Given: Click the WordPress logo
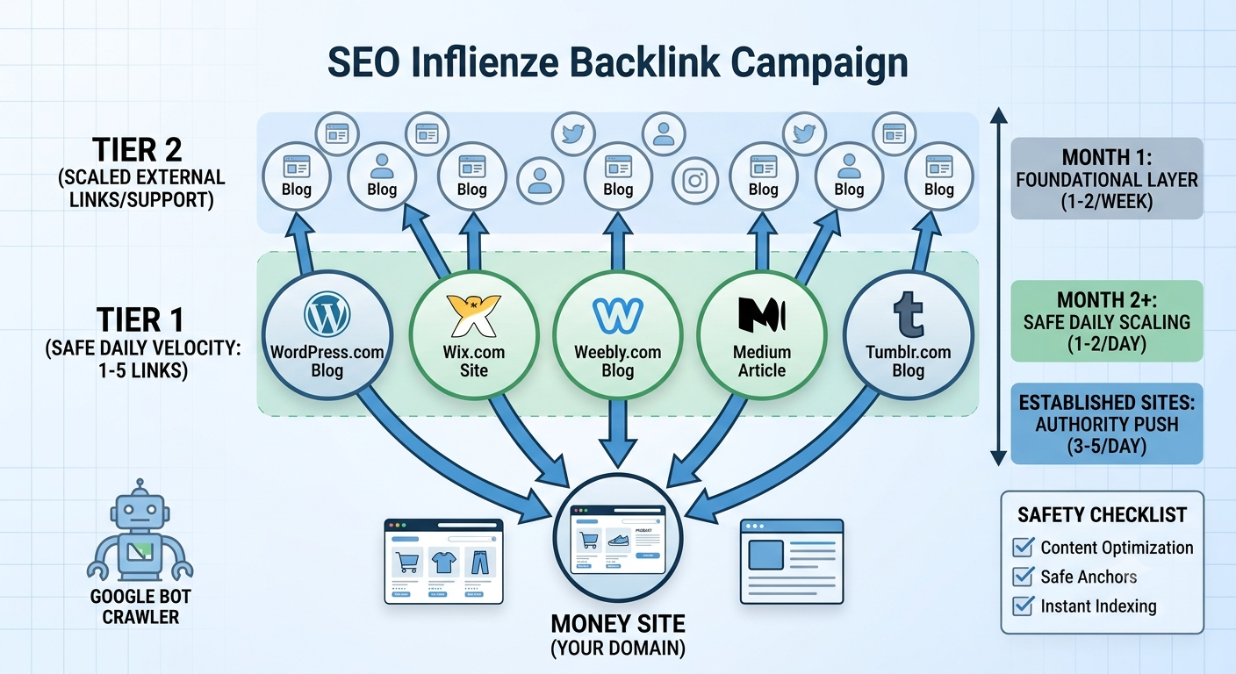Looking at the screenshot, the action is coord(327,314).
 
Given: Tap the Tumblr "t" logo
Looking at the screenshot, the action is coord(909,314).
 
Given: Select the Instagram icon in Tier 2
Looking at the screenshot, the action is coord(695,180).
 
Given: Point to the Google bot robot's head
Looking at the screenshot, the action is coord(140,511).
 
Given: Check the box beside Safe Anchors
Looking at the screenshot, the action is coord(1024,577).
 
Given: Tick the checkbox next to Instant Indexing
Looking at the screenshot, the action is coord(1024,606).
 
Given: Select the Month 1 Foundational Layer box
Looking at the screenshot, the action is coord(1107,179).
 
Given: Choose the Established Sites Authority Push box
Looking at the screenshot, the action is coord(1107,424).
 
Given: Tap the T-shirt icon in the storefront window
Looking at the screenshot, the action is coord(443,563).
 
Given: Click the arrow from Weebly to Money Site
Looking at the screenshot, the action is coord(618,433).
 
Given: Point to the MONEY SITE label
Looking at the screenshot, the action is coord(618,624).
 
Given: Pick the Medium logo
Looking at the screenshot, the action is coord(762,314).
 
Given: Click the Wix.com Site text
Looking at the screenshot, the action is coord(474,361).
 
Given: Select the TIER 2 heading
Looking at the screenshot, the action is coord(138,149).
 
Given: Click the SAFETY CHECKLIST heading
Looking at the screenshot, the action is coord(1102,514).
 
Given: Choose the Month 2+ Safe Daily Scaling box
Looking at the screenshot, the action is coord(1107,321).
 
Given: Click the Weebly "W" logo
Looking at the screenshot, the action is coord(618,315).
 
